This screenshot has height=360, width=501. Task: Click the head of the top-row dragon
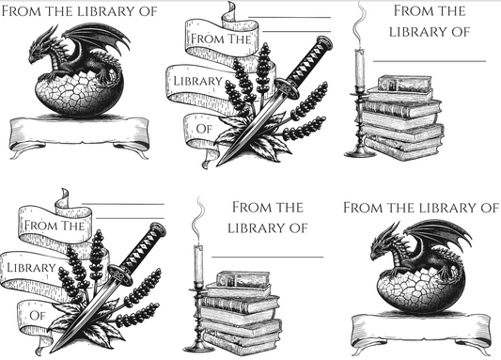tap(39, 50)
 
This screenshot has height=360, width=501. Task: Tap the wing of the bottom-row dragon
tap(443, 235)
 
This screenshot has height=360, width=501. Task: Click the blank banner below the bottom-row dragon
tap(421, 331)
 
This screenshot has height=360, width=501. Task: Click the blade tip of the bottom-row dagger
tap(52, 351)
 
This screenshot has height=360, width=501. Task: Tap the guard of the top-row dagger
tap(287, 87)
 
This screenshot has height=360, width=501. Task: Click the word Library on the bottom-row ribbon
tap(31, 268)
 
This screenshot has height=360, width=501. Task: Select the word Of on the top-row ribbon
tap(204, 129)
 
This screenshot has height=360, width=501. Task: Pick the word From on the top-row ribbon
tap(205, 39)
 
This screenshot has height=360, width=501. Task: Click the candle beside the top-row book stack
tap(360, 68)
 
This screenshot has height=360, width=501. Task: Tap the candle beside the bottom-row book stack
tap(198, 264)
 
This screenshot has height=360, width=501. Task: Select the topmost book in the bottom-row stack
tap(243, 279)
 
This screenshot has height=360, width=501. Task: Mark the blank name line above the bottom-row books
tap(268, 257)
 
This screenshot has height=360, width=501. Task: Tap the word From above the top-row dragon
tap(22, 11)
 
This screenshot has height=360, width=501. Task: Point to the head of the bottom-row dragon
tap(382, 246)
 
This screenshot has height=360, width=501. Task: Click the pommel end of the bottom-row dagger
tap(158, 228)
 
